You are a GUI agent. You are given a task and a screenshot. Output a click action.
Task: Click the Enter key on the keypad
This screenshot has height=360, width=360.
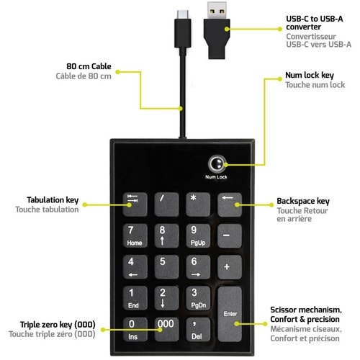(x=230, y=314)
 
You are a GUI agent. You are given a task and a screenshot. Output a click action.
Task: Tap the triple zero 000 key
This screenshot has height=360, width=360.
(x=166, y=329)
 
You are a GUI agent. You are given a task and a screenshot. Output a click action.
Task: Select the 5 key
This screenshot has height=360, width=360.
(x=166, y=267)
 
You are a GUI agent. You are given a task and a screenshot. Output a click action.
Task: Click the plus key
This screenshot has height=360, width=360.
(x=230, y=267)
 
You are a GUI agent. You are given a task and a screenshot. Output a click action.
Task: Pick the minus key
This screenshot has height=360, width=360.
(x=230, y=235)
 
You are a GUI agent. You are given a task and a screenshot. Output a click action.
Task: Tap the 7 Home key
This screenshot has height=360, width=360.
(x=135, y=235)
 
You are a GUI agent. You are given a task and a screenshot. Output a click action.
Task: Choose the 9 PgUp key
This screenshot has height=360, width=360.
(x=198, y=235)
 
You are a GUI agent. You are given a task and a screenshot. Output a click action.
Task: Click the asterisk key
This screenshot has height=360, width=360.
(x=198, y=204)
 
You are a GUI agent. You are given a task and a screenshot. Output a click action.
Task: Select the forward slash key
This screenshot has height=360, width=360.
(x=166, y=204)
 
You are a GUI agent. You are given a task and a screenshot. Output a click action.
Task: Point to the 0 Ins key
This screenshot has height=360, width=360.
(x=135, y=329)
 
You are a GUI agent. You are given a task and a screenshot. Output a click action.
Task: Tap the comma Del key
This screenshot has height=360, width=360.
(x=198, y=329)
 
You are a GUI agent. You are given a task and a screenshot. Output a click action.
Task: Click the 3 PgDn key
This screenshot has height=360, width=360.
(x=198, y=298)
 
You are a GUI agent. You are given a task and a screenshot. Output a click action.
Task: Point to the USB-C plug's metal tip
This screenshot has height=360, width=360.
(x=183, y=14)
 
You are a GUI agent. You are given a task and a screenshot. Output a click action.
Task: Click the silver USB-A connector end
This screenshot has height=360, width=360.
(x=217, y=10)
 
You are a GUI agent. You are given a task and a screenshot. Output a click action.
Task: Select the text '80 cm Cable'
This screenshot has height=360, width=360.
(x=89, y=66)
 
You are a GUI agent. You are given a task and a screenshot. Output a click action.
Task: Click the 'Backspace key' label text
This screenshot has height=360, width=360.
(x=303, y=201)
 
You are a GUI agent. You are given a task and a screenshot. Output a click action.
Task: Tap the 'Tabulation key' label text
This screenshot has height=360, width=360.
(x=53, y=200)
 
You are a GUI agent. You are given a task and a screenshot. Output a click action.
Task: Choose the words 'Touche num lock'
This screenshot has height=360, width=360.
(x=315, y=85)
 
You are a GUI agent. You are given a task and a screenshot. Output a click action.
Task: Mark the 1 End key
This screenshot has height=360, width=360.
(x=135, y=298)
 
